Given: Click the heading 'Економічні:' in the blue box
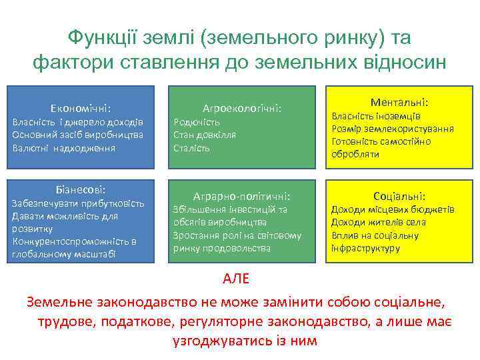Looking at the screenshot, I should pyautogui.click(x=81, y=108).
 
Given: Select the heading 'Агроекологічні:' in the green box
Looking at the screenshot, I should pyautogui.click(x=242, y=107).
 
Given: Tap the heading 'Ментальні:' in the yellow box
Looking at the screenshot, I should pyautogui.click(x=399, y=103).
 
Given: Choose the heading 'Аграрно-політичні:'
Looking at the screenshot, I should pyautogui.click(x=241, y=196).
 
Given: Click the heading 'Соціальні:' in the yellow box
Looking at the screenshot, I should pyautogui.click(x=399, y=196).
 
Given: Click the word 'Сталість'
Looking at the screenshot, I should pyautogui.click(x=192, y=148).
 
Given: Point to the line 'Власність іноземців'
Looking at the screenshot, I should pyautogui.click(x=375, y=116).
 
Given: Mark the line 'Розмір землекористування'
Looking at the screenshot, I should pyautogui.click(x=393, y=129).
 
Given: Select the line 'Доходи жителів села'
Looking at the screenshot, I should pyautogui.click(x=379, y=222).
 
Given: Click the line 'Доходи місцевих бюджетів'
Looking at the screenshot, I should pyautogui.click(x=393, y=209).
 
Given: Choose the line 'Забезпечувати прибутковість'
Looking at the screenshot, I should pyautogui.click(x=79, y=203).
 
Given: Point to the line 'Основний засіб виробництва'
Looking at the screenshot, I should pyautogui.click(x=78, y=135).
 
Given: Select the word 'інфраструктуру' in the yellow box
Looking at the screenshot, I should pyautogui.click(x=365, y=248).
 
